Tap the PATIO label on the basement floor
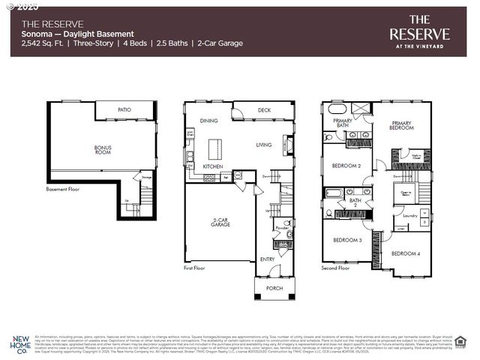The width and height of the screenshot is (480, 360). [x=124, y=110]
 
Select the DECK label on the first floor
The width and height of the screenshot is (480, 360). [x=264, y=110]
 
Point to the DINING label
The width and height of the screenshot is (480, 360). [x=208, y=121]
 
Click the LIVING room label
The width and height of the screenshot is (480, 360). [x=264, y=145]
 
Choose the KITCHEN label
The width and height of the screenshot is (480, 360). [x=213, y=166]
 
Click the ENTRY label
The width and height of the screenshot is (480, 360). [x=268, y=259]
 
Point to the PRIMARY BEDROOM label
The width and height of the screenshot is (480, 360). [x=401, y=125]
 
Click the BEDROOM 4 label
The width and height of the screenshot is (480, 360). [x=406, y=253]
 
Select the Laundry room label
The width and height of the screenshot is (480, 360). [x=410, y=216]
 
